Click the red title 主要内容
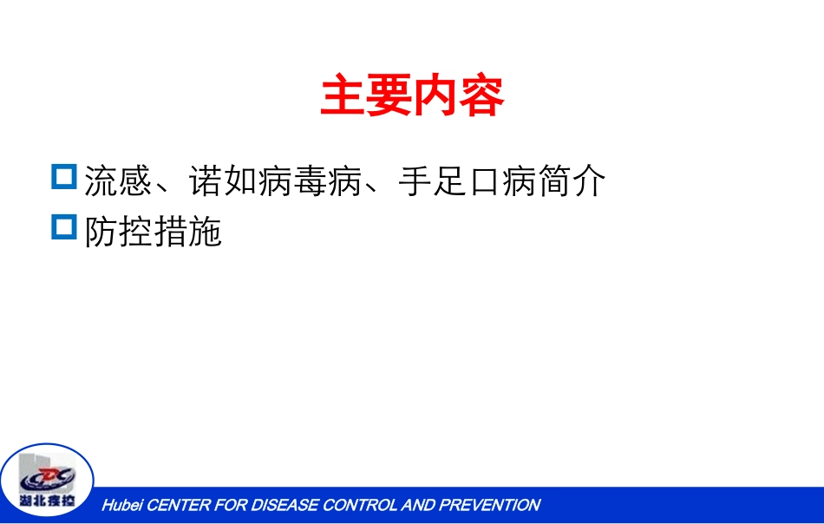point(412,96)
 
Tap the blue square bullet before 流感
point(64,177)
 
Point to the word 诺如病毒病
point(275,181)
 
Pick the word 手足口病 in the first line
point(467,181)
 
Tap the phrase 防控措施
point(154,232)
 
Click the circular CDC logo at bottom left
point(48,480)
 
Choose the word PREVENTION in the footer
point(489,505)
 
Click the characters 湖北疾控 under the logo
point(48,501)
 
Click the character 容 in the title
point(481,96)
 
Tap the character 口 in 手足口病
point(484,181)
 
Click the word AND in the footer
point(419,505)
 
